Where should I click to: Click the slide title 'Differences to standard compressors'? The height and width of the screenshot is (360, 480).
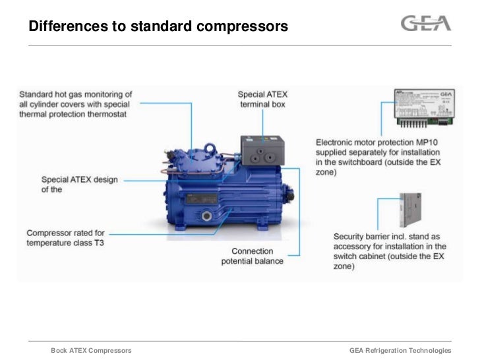[x=159, y=27]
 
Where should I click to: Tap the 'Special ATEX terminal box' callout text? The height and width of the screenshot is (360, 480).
[x=263, y=100]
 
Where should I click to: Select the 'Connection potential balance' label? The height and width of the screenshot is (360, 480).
[x=252, y=256]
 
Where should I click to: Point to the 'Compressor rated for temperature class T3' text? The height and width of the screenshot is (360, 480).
[x=65, y=238]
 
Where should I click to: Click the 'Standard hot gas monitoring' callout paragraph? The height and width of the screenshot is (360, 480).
[x=75, y=104]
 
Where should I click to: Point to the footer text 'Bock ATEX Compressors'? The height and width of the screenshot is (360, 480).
[x=91, y=350]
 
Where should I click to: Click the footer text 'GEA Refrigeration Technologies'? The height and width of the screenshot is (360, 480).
[x=400, y=350]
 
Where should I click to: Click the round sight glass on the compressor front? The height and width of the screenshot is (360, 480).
[x=206, y=216]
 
